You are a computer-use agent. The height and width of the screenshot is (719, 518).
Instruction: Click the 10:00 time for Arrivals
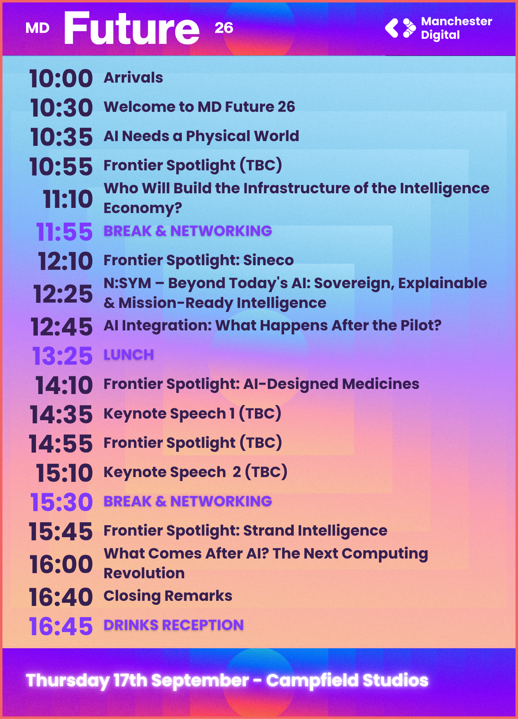pos(61,78)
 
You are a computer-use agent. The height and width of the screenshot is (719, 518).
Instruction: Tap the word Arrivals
pos(133,77)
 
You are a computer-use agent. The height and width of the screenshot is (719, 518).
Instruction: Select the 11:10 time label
pos(68,199)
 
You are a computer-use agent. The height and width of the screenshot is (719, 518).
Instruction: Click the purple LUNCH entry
pos(128,355)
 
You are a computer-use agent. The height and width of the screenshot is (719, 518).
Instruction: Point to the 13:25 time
pos(62,356)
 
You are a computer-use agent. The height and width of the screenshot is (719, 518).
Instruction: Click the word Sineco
pos(268,260)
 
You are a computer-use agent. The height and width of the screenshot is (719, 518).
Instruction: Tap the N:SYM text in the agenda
pos(127,283)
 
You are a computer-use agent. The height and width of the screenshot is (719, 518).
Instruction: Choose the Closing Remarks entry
pos(168,596)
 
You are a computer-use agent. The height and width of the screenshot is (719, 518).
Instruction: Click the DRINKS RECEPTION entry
pos(173,625)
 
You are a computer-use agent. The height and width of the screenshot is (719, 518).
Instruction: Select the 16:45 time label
pos(61,626)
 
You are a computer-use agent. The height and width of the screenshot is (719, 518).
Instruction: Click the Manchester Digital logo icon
pos(400,28)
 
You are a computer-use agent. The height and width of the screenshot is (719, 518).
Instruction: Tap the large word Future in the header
pos(132,28)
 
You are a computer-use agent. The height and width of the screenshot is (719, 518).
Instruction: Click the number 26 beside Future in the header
pos(224,28)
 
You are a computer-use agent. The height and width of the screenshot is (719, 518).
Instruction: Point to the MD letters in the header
pos(37,28)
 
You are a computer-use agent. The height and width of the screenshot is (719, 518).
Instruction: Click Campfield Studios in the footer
pos(347,680)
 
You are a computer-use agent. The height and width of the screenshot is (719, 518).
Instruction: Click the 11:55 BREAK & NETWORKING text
pos(188,231)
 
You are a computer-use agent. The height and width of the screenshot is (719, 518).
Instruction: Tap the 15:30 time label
pos(61,502)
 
